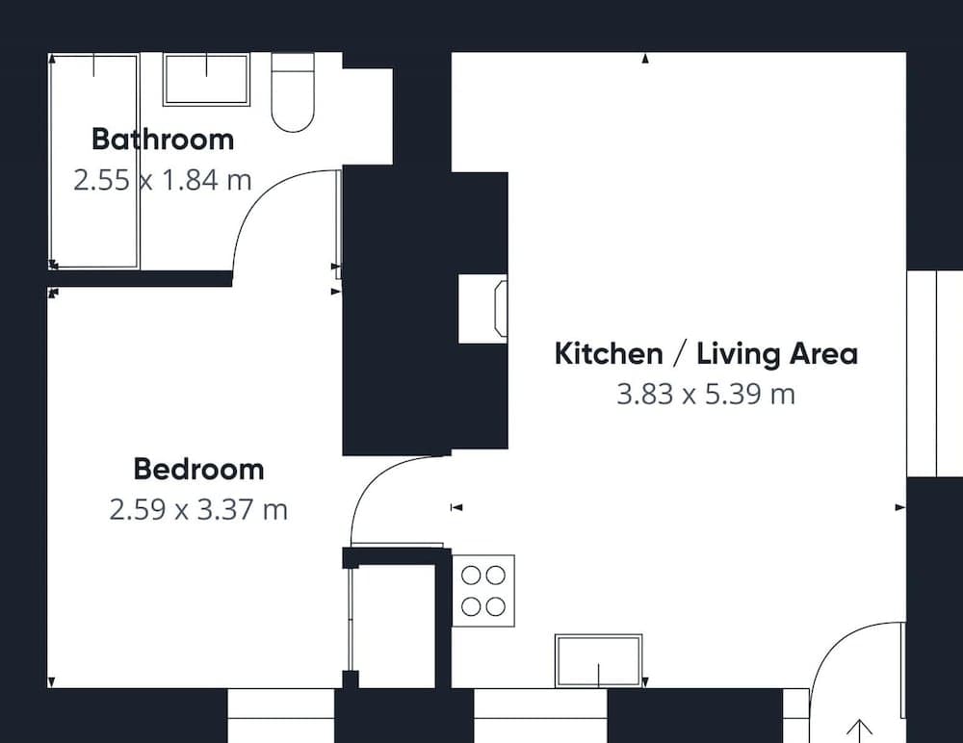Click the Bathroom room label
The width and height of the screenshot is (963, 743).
point(163,139)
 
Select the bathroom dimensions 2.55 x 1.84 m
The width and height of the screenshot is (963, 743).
point(163,180)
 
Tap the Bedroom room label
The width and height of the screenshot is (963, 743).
point(199,469)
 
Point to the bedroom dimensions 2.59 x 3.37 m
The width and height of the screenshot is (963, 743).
point(198,510)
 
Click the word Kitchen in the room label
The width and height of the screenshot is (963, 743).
point(609,353)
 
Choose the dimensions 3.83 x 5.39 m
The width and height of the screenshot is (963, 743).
point(706,394)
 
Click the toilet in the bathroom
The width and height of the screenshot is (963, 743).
point(293,92)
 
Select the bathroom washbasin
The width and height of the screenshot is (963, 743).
point(206,79)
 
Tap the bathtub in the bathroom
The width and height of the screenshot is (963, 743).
point(94,162)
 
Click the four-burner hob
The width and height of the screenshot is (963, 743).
point(483,591)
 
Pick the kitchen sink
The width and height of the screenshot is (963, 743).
point(599,661)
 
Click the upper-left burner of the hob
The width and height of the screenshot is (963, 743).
point(471,576)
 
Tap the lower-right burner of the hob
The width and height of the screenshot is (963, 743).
point(496,606)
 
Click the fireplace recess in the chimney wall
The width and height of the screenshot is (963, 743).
point(482,309)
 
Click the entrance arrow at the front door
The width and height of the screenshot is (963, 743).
point(860,730)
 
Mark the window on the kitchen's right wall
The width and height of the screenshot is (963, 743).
point(935,372)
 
